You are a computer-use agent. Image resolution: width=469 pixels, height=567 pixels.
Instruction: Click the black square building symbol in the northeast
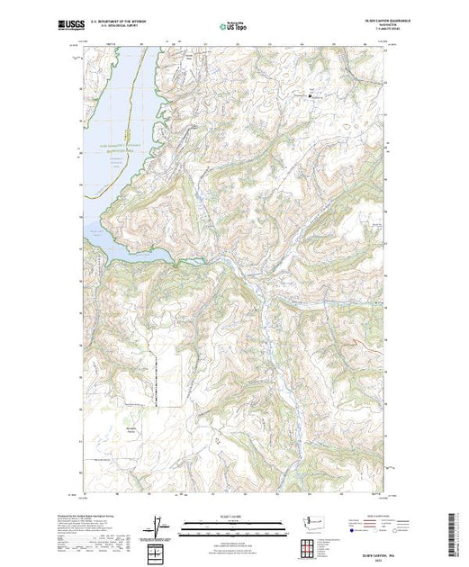click(312, 94)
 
